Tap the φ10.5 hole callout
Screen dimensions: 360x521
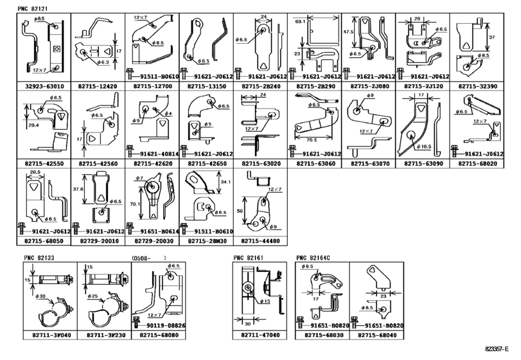pyautogui.click(x=423, y=147)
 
